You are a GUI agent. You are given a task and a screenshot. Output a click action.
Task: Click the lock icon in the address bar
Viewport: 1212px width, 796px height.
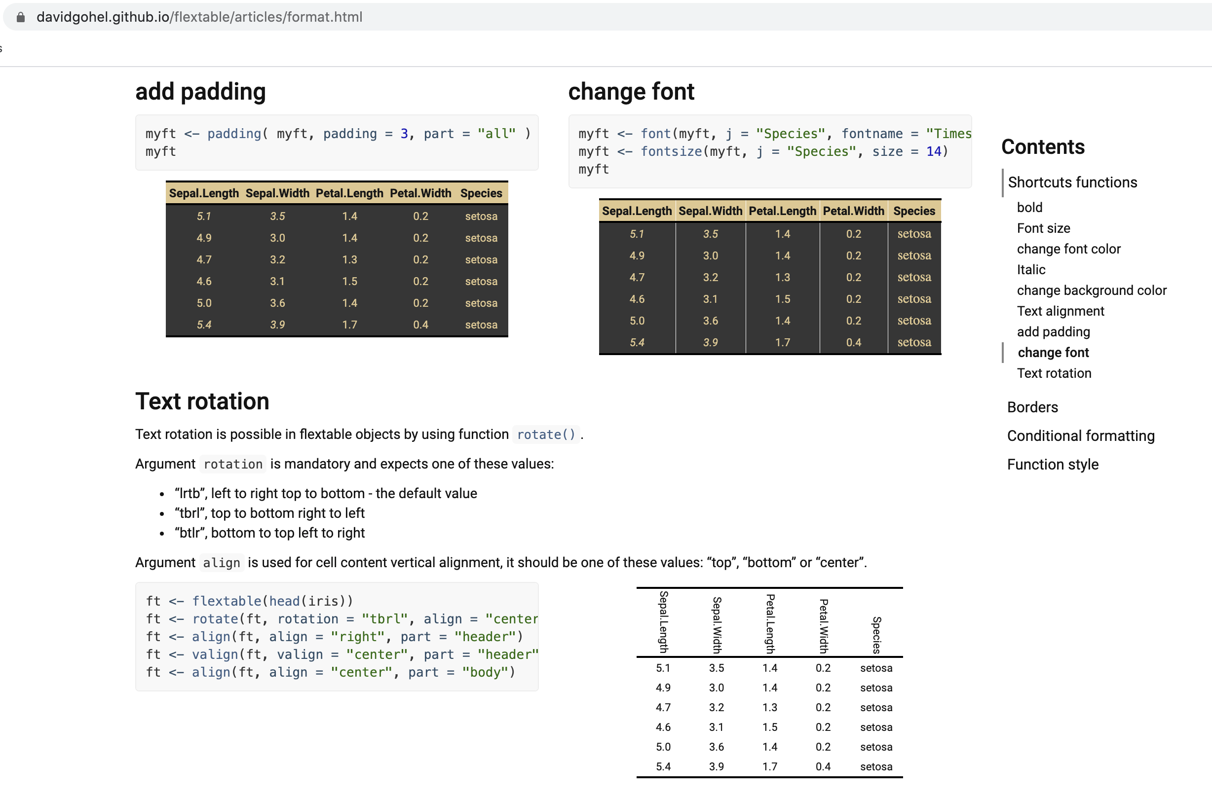(x=20, y=17)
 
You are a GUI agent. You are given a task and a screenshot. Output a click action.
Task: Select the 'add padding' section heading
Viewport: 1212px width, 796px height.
(x=200, y=92)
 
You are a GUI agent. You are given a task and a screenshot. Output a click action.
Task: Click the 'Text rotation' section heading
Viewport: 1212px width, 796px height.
(x=202, y=401)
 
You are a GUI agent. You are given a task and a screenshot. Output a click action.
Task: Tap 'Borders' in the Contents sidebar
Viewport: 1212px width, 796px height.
(x=1032, y=407)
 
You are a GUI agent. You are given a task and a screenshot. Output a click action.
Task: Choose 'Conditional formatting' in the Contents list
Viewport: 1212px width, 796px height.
(x=1081, y=435)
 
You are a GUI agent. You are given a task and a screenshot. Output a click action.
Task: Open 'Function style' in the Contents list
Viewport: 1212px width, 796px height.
(x=1053, y=464)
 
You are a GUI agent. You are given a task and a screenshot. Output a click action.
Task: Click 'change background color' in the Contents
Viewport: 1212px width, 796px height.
(x=1091, y=290)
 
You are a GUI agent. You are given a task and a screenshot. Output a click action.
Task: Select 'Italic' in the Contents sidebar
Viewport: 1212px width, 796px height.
(x=1031, y=269)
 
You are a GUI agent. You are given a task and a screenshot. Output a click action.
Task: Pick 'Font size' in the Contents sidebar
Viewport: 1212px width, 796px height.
(x=1043, y=228)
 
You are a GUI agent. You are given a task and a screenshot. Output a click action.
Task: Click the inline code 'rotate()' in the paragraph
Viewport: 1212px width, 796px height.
(x=545, y=434)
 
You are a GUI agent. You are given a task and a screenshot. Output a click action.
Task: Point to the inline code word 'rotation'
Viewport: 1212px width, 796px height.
(x=233, y=464)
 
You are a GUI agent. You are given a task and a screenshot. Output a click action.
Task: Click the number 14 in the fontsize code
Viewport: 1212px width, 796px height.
(x=934, y=152)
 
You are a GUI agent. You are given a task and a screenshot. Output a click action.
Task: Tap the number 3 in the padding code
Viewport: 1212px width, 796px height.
(x=404, y=134)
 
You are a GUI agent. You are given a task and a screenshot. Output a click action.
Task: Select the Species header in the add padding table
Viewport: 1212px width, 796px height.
(x=481, y=193)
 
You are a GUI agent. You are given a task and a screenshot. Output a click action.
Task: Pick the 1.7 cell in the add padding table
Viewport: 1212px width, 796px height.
(x=349, y=325)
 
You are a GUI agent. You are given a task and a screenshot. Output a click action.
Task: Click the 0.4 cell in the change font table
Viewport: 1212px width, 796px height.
(x=854, y=343)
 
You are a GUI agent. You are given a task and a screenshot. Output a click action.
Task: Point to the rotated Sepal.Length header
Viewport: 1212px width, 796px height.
(x=663, y=622)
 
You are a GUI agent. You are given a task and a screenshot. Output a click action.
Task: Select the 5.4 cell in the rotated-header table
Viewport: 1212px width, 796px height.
(x=663, y=766)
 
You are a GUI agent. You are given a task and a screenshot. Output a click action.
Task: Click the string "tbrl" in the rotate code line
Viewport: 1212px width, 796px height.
(x=384, y=619)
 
